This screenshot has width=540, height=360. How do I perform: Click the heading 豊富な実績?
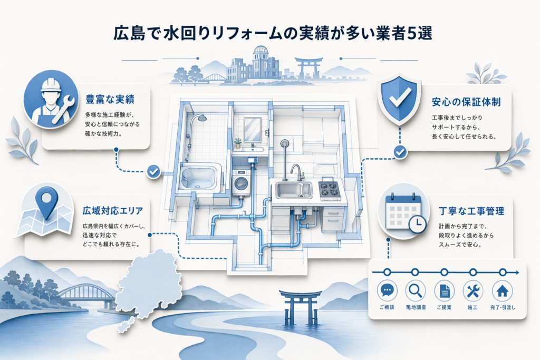tap(110, 100)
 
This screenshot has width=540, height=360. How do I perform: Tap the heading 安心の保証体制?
tap(466, 102)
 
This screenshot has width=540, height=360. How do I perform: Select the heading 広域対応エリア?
tap(113, 211)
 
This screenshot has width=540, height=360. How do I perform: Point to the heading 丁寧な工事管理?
tap(471, 211)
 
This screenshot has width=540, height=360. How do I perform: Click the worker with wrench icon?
tap(51, 99)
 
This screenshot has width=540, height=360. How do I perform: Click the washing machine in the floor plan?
tap(242, 183)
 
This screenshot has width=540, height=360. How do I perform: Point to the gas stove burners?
tap(329, 190)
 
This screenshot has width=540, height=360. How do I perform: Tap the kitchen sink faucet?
tap(296, 172)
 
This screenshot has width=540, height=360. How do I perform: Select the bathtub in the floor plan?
tap(200, 177)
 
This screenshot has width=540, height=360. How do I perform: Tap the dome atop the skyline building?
tap(261, 51)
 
